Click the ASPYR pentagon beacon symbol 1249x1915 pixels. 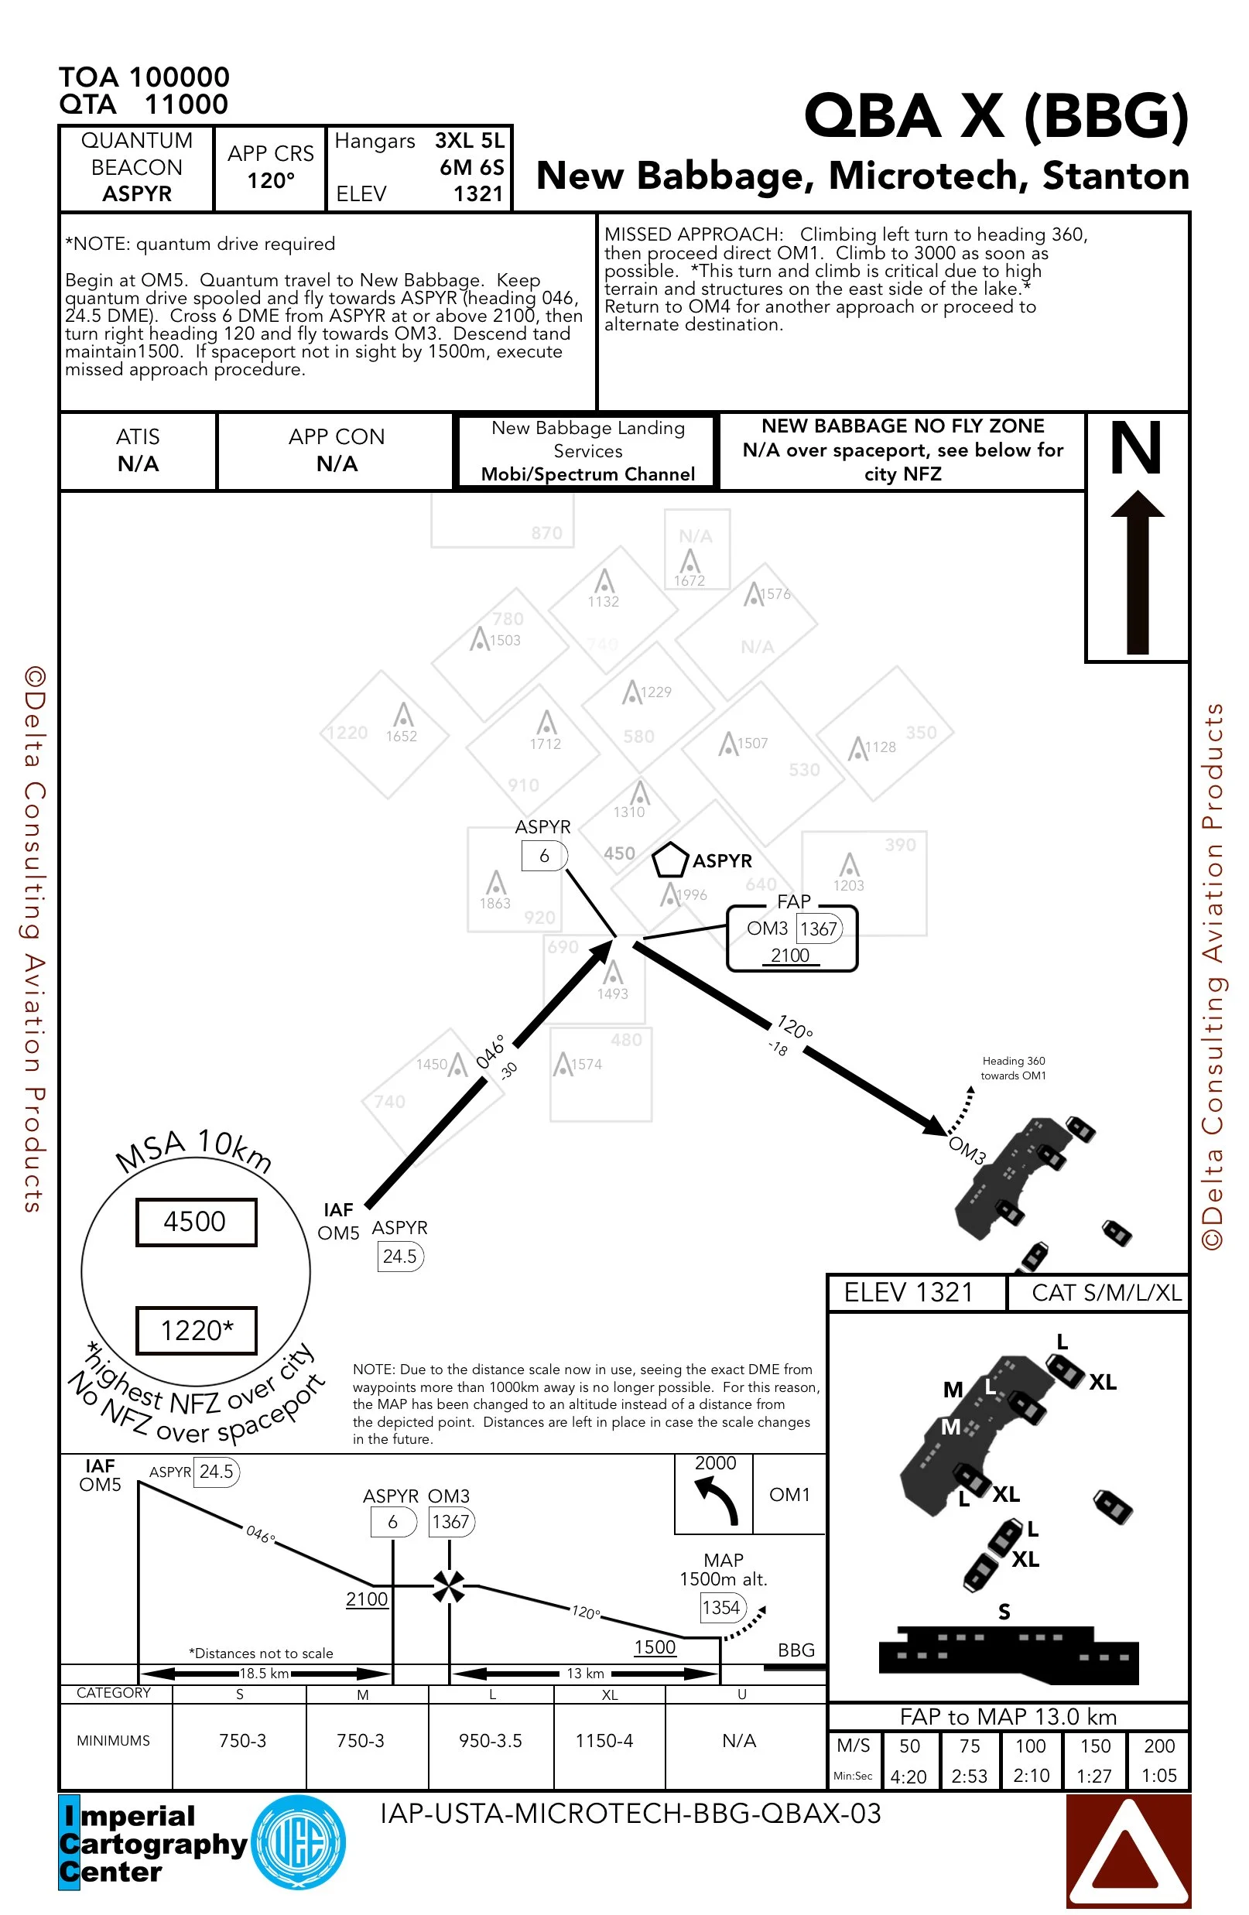pos(669,861)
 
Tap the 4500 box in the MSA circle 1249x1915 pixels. pos(196,1222)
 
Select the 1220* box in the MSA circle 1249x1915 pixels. pos(197,1331)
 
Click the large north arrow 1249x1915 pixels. pos(1137,571)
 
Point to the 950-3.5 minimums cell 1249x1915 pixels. pos(490,1740)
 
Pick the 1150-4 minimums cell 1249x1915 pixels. pos(604,1740)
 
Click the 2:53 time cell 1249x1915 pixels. pos(969,1776)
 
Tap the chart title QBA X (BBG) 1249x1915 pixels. pos(996,115)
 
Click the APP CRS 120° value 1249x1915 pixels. pos(270,180)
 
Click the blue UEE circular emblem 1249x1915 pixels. pos(299,1842)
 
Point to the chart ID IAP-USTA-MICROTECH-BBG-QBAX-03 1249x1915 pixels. pos(630,1814)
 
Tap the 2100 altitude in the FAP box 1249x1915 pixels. pos(790,955)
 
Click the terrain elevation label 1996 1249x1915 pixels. pos(691,894)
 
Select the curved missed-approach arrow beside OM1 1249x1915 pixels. pos(717,1501)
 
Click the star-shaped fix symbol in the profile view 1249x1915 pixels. pos(448,1587)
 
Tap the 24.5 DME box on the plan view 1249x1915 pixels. pos(400,1256)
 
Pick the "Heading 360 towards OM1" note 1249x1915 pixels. pos(1013,1068)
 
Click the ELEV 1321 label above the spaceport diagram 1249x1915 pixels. pos(909,1292)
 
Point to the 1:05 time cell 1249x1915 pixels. pos(1159,1776)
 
